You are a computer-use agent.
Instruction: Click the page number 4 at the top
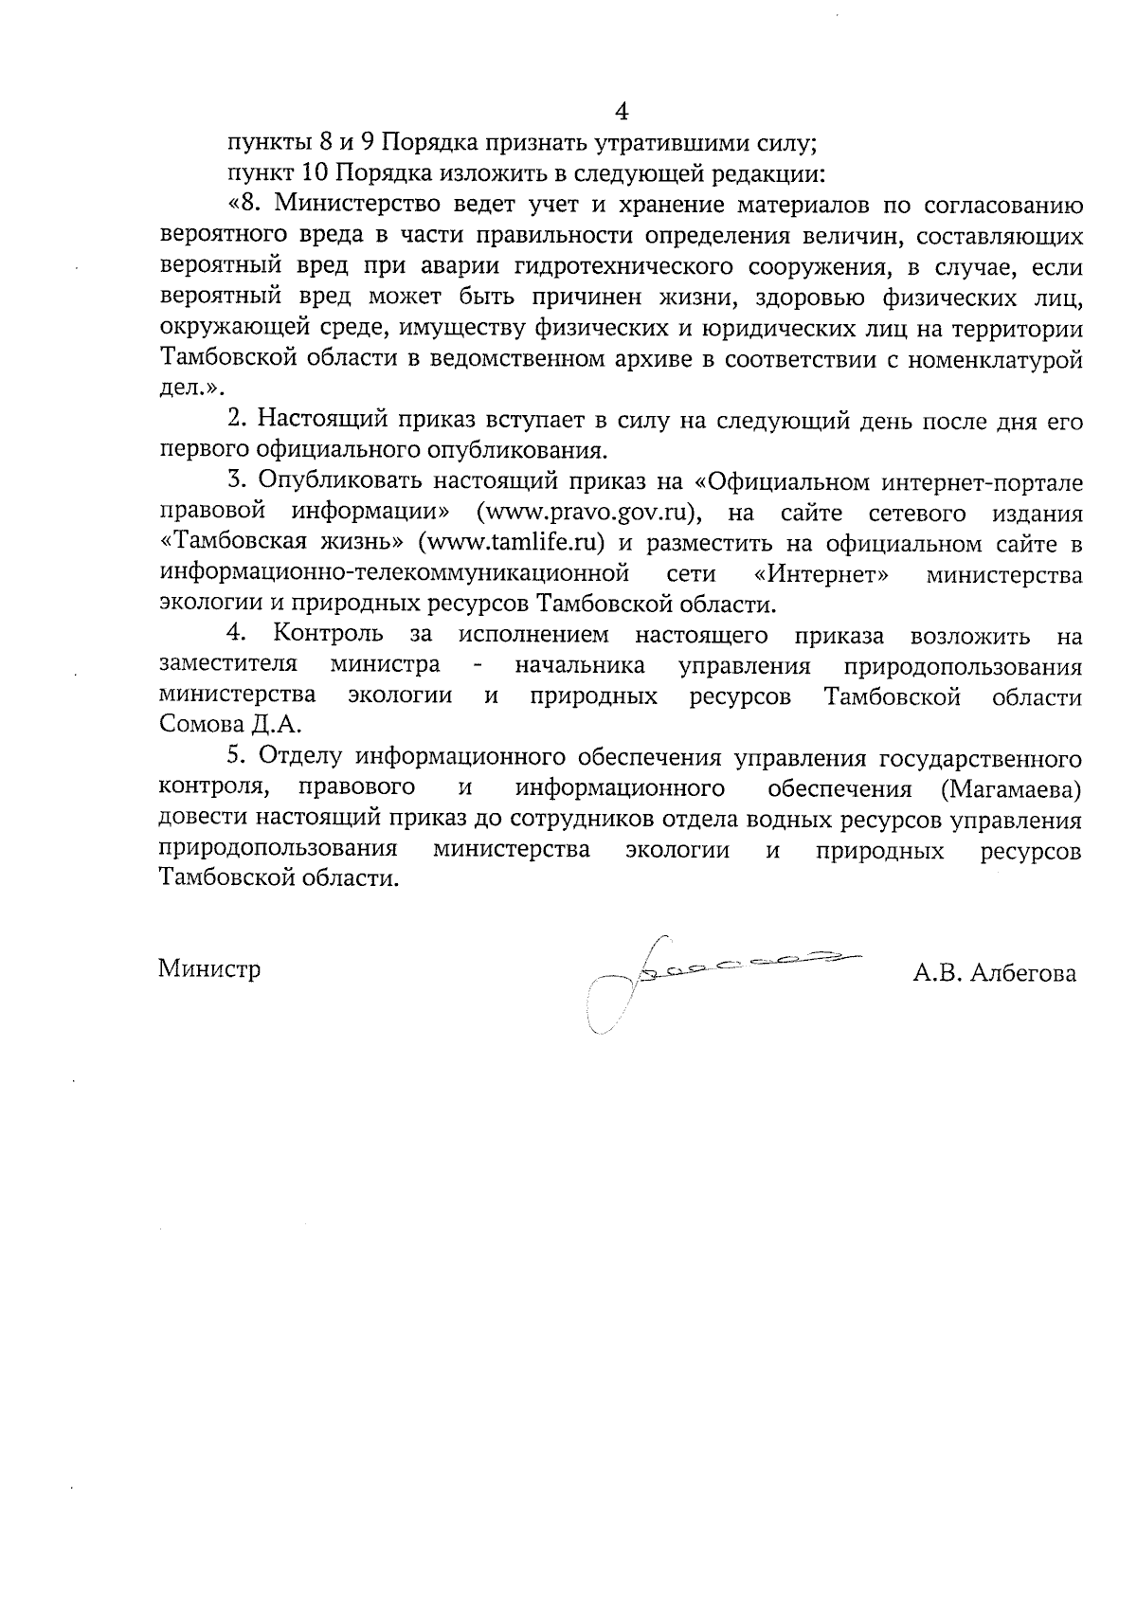622,112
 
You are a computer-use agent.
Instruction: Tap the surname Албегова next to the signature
1025,973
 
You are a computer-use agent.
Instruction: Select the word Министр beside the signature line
209,969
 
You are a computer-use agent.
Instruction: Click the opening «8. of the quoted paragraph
247,205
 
